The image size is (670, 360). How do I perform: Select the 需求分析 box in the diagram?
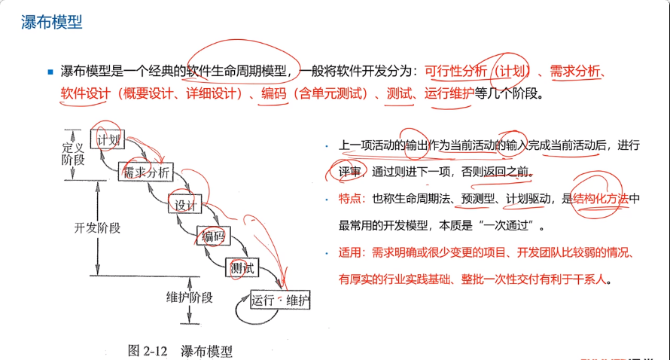coord(147,172)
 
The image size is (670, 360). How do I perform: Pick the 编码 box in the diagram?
coord(212,236)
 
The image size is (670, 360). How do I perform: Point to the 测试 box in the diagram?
coord(242,267)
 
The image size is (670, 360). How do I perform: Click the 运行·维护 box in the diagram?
coord(276,301)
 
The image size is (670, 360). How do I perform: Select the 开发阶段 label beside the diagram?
coord(97,227)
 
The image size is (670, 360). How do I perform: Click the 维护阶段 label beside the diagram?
coord(190,297)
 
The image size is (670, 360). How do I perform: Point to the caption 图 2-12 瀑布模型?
coord(180,350)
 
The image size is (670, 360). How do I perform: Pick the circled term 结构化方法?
coord(600,199)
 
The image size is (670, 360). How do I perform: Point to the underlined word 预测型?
coord(477,199)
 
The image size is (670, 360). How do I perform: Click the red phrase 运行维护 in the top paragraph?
coord(449,95)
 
